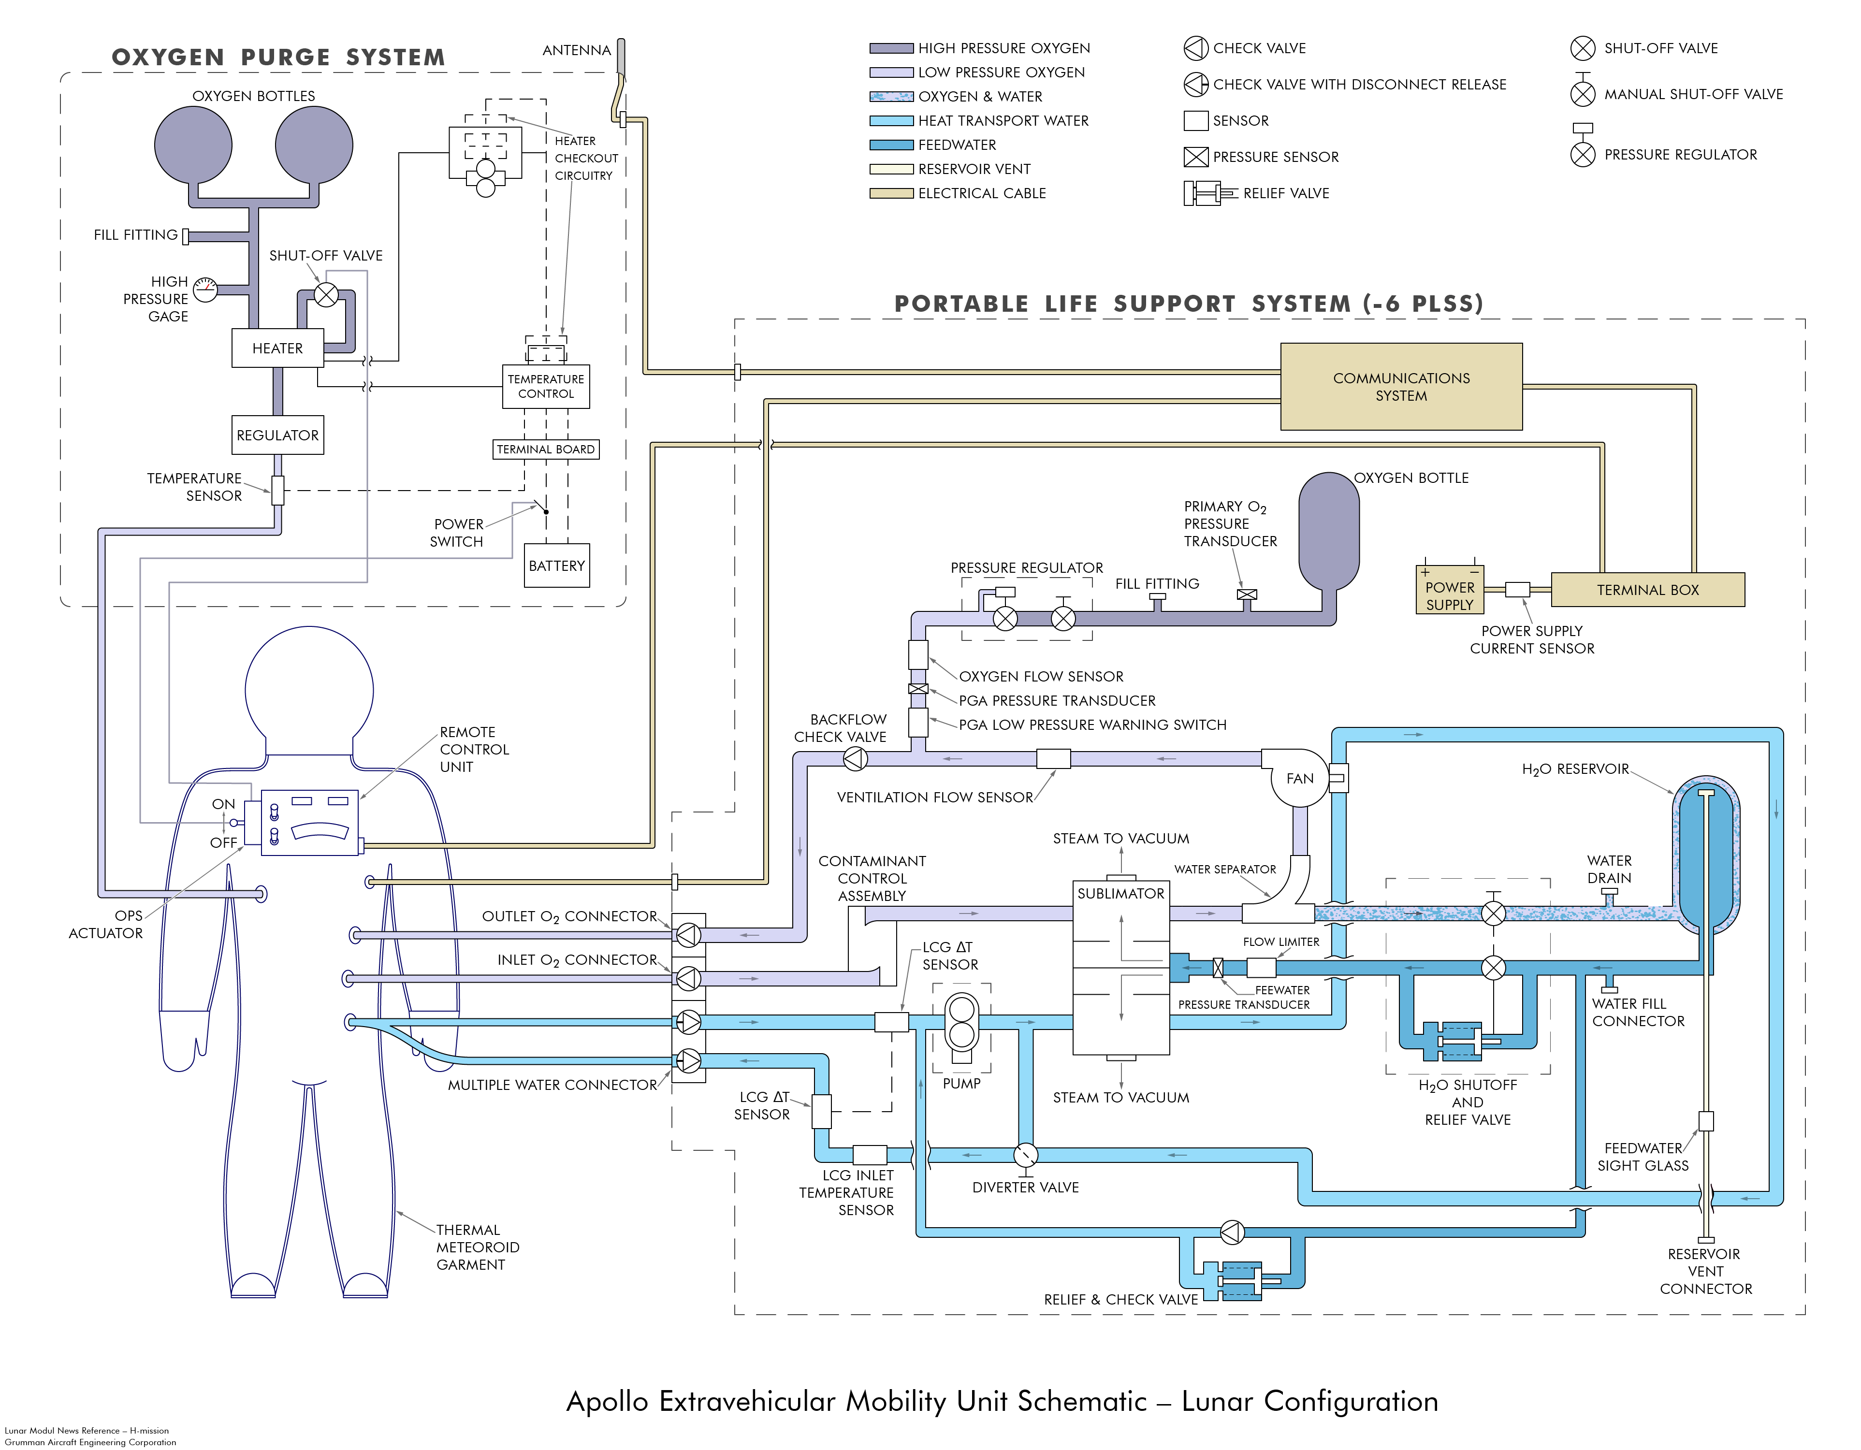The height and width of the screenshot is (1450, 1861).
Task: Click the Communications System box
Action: [1401, 387]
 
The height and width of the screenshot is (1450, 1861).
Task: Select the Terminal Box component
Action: [1647, 590]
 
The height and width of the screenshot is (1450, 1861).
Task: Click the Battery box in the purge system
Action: [556, 565]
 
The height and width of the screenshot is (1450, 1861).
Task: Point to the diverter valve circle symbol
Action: [1026, 1155]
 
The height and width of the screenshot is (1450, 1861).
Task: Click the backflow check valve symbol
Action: [855, 758]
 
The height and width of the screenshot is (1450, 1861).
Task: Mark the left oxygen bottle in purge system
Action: [193, 145]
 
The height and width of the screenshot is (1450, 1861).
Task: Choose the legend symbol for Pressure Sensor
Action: [1195, 157]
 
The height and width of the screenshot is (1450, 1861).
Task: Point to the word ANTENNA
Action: [577, 50]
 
